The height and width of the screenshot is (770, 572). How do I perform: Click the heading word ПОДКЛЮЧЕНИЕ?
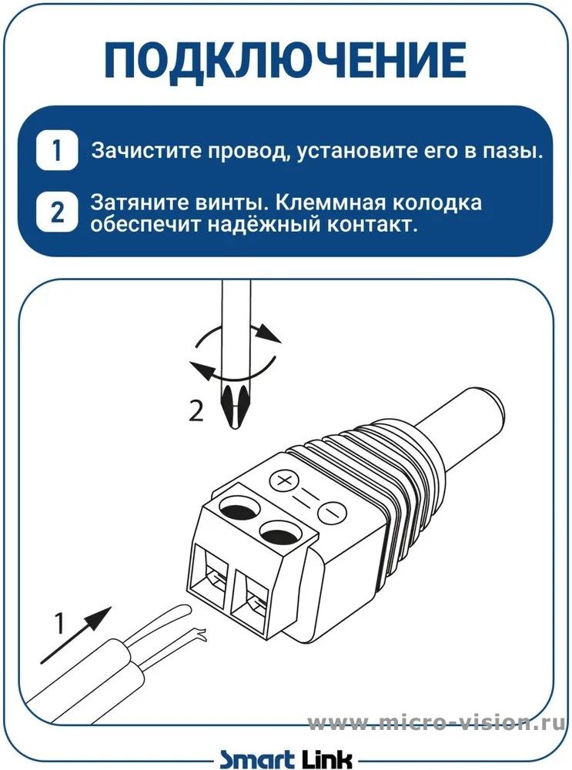pyautogui.click(x=286, y=60)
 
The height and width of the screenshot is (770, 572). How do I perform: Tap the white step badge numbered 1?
pyautogui.click(x=57, y=150)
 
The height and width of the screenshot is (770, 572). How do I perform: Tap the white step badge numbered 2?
pyautogui.click(x=57, y=213)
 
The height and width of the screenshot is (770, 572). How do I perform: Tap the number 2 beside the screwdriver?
pyautogui.click(x=196, y=411)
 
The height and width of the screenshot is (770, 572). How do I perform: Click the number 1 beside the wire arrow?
pyautogui.click(x=59, y=623)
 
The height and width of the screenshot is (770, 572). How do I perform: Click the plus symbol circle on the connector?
pyautogui.click(x=284, y=479)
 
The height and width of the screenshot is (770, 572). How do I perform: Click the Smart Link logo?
pyautogui.click(x=286, y=758)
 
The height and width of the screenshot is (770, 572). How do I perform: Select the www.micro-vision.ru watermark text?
pyautogui.click(x=436, y=723)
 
